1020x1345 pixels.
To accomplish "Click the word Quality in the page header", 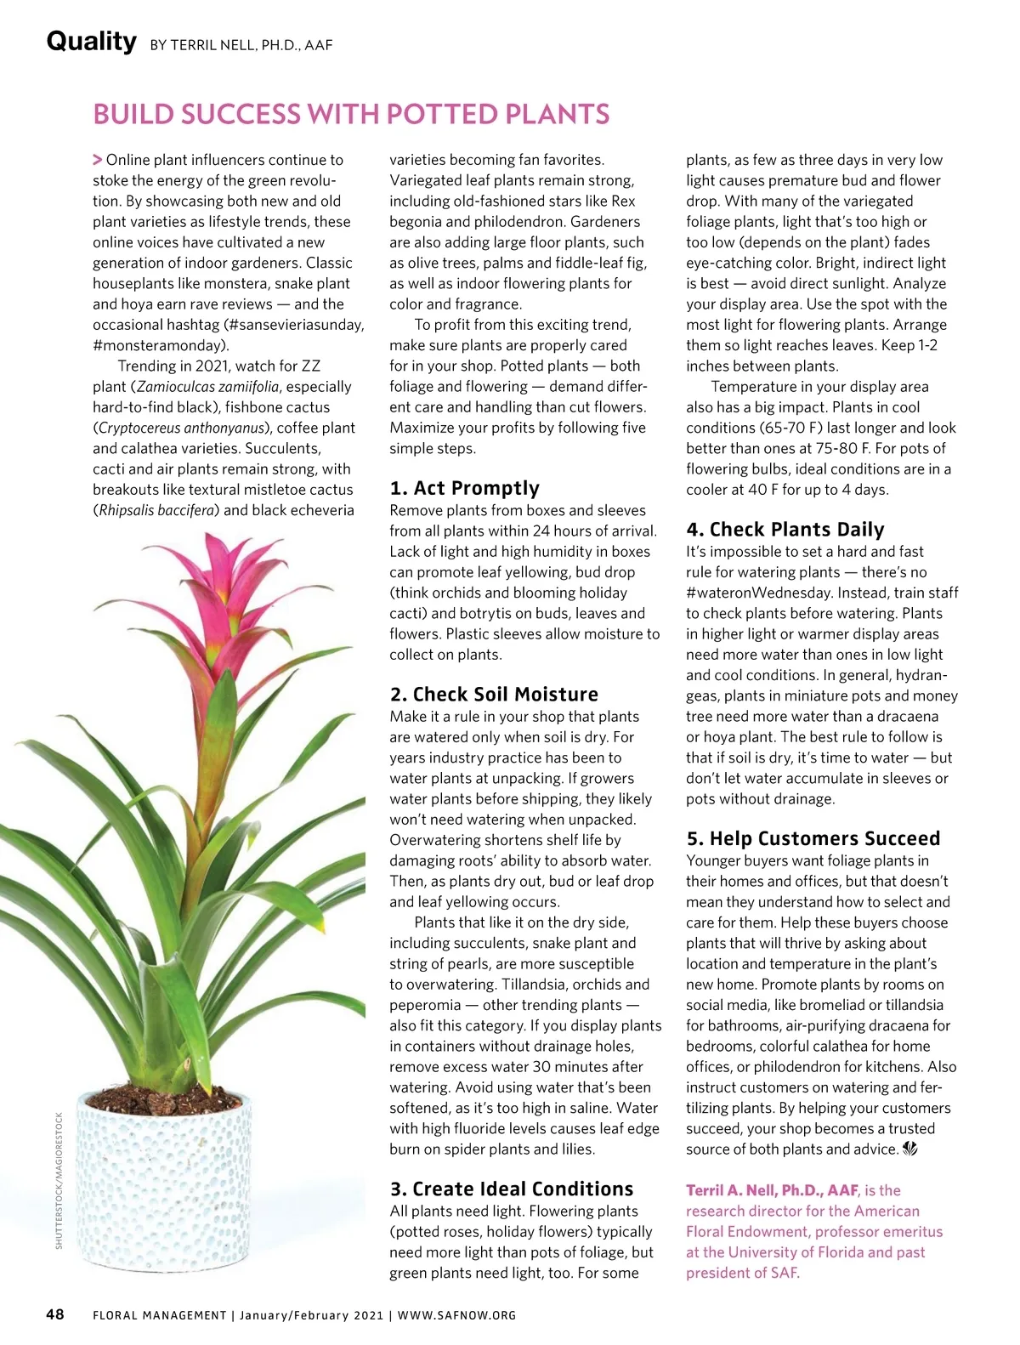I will pos(91,41).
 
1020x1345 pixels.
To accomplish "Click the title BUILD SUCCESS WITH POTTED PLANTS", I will pos(351,114).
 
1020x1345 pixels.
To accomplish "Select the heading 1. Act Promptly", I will pos(464,488).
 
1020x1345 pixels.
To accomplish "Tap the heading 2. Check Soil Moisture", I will pos(494,694).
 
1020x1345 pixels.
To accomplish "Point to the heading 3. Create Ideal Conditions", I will pos(512,1189).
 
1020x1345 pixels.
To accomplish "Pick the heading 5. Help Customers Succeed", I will pos(813,838).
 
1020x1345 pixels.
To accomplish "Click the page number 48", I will pos(54,1314).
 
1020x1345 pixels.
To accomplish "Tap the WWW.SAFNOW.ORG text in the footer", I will pos(456,1315).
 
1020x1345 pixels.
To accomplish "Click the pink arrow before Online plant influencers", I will pos(98,160).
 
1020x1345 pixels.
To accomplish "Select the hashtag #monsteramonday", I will pos(160,345).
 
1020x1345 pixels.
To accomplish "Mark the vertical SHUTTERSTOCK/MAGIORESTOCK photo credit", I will pos(59,1180).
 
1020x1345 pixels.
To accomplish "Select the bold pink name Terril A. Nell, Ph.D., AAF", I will pos(772,1190).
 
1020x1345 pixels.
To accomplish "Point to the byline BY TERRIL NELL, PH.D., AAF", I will pos(241,45).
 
